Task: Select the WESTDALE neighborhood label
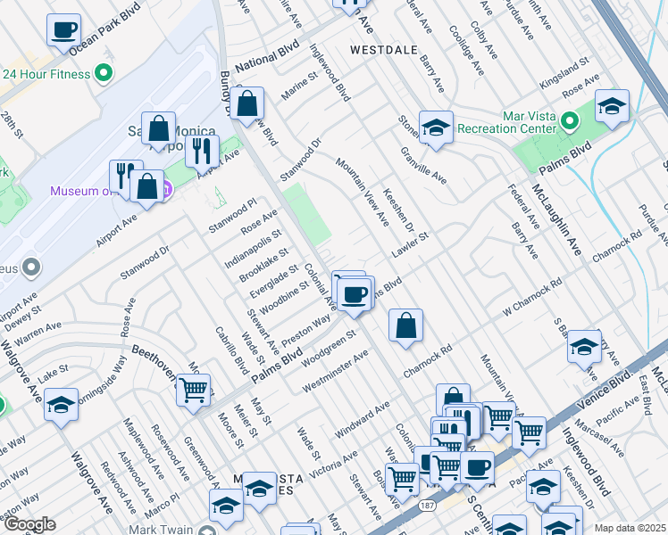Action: [384, 50]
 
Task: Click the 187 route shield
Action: [428, 506]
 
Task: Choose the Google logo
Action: [29, 524]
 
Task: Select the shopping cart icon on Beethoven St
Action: [193, 390]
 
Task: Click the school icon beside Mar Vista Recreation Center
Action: [612, 106]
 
